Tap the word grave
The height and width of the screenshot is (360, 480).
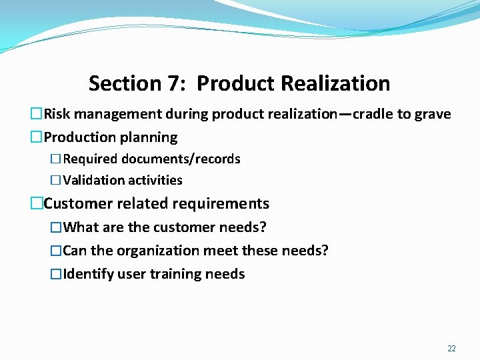(x=433, y=114)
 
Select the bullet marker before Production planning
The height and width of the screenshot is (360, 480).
(x=37, y=137)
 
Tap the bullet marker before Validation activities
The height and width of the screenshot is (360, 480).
(x=56, y=180)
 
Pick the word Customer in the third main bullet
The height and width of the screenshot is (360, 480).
(x=75, y=203)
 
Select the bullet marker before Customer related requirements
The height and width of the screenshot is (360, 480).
(x=37, y=203)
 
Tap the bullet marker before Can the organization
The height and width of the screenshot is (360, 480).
(x=56, y=251)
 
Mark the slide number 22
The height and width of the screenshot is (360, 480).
(x=452, y=349)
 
